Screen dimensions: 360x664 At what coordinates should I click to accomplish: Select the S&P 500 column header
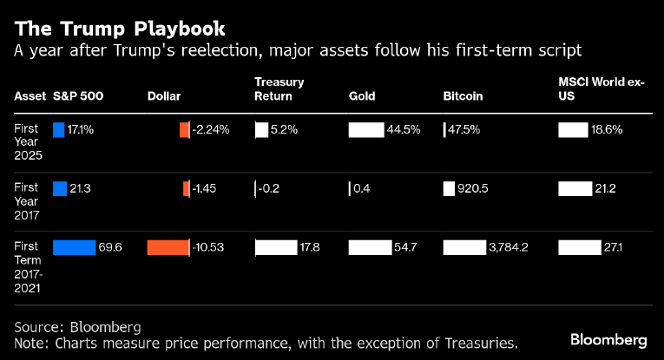79,95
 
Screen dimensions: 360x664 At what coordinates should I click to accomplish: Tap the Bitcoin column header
463,95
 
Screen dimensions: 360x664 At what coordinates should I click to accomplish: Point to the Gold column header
362,95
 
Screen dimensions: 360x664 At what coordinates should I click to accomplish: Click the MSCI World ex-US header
601,89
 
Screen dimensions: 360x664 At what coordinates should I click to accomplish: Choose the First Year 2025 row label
27,141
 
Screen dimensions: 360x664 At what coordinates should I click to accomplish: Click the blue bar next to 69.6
74,247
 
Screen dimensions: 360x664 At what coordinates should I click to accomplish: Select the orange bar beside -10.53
168,247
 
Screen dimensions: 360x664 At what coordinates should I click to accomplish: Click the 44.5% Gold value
404,129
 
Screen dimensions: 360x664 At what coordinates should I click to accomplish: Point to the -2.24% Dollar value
211,129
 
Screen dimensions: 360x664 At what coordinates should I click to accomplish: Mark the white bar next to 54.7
369,247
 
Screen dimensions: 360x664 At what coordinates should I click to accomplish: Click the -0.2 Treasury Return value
269,188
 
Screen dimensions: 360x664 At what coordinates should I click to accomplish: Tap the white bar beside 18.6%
573,129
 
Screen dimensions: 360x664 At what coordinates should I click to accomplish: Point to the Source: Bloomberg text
77,326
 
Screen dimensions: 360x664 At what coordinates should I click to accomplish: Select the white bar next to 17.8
275,247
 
